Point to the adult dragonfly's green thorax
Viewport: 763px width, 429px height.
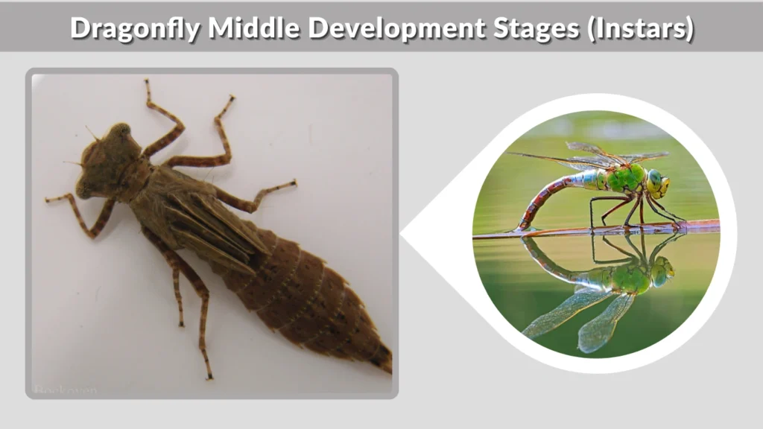[x=624, y=179]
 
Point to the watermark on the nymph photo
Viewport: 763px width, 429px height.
[x=65, y=389]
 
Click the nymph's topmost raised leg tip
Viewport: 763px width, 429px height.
[x=147, y=83]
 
